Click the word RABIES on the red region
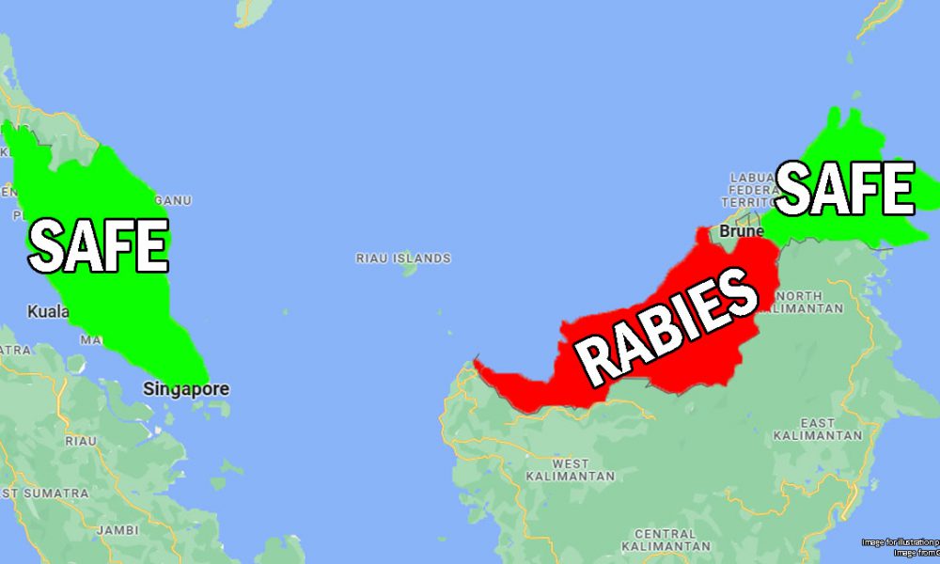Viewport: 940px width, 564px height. (667, 325)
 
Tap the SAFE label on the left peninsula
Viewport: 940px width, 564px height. (98, 245)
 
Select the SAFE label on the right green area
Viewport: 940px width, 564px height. (844, 189)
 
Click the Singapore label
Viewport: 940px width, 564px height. (186, 389)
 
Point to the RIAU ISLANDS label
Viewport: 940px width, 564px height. (403, 258)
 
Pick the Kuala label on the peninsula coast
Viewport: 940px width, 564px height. (48, 311)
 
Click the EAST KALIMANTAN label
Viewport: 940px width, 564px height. (817, 429)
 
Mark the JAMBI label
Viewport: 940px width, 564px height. (117, 529)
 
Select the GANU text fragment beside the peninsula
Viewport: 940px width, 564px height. (173, 200)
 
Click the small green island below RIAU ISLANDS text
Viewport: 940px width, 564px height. (408, 270)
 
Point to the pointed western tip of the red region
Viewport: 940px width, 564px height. (477, 360)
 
